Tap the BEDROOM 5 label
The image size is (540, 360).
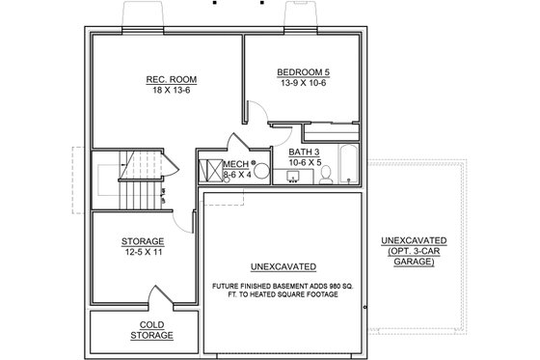point(302,71)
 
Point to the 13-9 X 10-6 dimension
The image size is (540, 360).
point(302,83)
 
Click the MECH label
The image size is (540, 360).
point(235,164)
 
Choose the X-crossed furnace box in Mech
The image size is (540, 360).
point(209,169)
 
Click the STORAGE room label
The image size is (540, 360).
point(144,241)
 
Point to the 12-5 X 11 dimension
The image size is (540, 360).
point(144,253)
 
